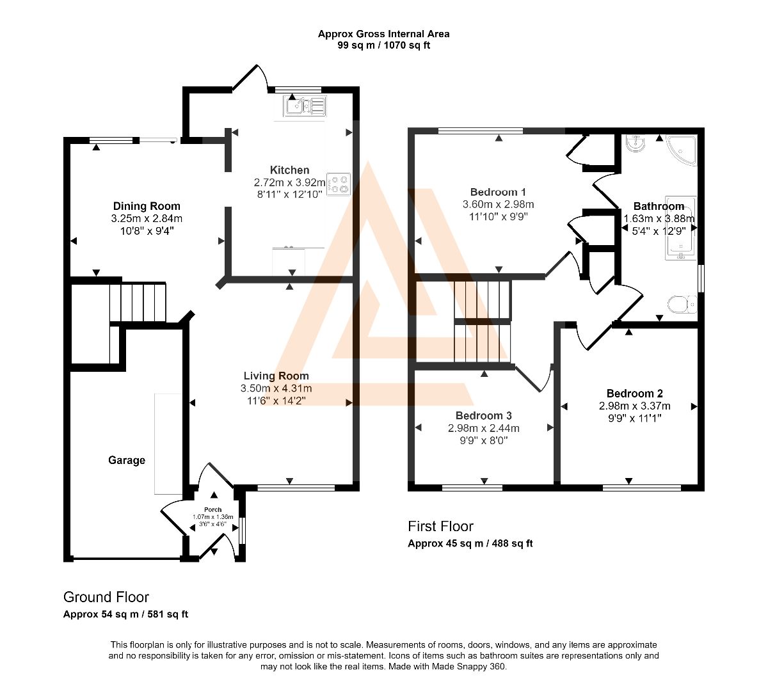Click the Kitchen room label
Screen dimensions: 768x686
coord(289,170)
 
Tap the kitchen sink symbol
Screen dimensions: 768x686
coord(305,106)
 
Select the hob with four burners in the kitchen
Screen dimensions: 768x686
coord(339,184)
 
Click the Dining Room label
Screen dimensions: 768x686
coord(147,206)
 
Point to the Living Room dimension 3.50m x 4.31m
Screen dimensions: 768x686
coord(276,388)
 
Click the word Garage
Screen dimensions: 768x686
coord(127,460)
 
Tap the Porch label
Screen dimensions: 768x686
coord(212,509)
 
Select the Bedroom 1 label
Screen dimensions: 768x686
coord(498,192)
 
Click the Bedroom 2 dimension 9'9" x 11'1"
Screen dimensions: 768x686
coord(635,419)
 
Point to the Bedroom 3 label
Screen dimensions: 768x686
coord(484,415)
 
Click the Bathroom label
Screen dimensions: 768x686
coord(659,206)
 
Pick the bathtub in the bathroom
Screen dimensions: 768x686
coord(681,228)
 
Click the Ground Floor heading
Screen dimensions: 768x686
coord(106,597)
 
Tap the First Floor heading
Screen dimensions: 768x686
coord(440,527)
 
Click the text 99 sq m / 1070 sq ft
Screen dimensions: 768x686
coord(383,45)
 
